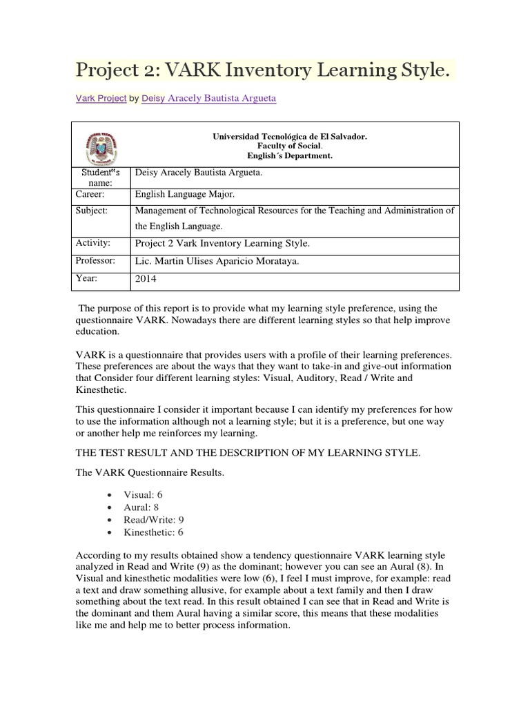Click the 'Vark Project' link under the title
click(100, 99)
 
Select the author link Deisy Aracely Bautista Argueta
click(209, 99)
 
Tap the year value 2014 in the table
click(146, 280)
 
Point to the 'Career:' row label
click(90, 195)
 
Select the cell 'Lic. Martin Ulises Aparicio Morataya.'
click(222, 262)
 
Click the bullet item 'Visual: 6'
click(143, 495)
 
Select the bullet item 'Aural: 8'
click(141, 507)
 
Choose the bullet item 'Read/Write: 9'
click(153, 520)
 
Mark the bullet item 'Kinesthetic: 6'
click(153, 532)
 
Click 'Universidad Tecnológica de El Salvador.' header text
click(290, 137)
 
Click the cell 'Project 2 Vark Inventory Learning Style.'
click(222, 244)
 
